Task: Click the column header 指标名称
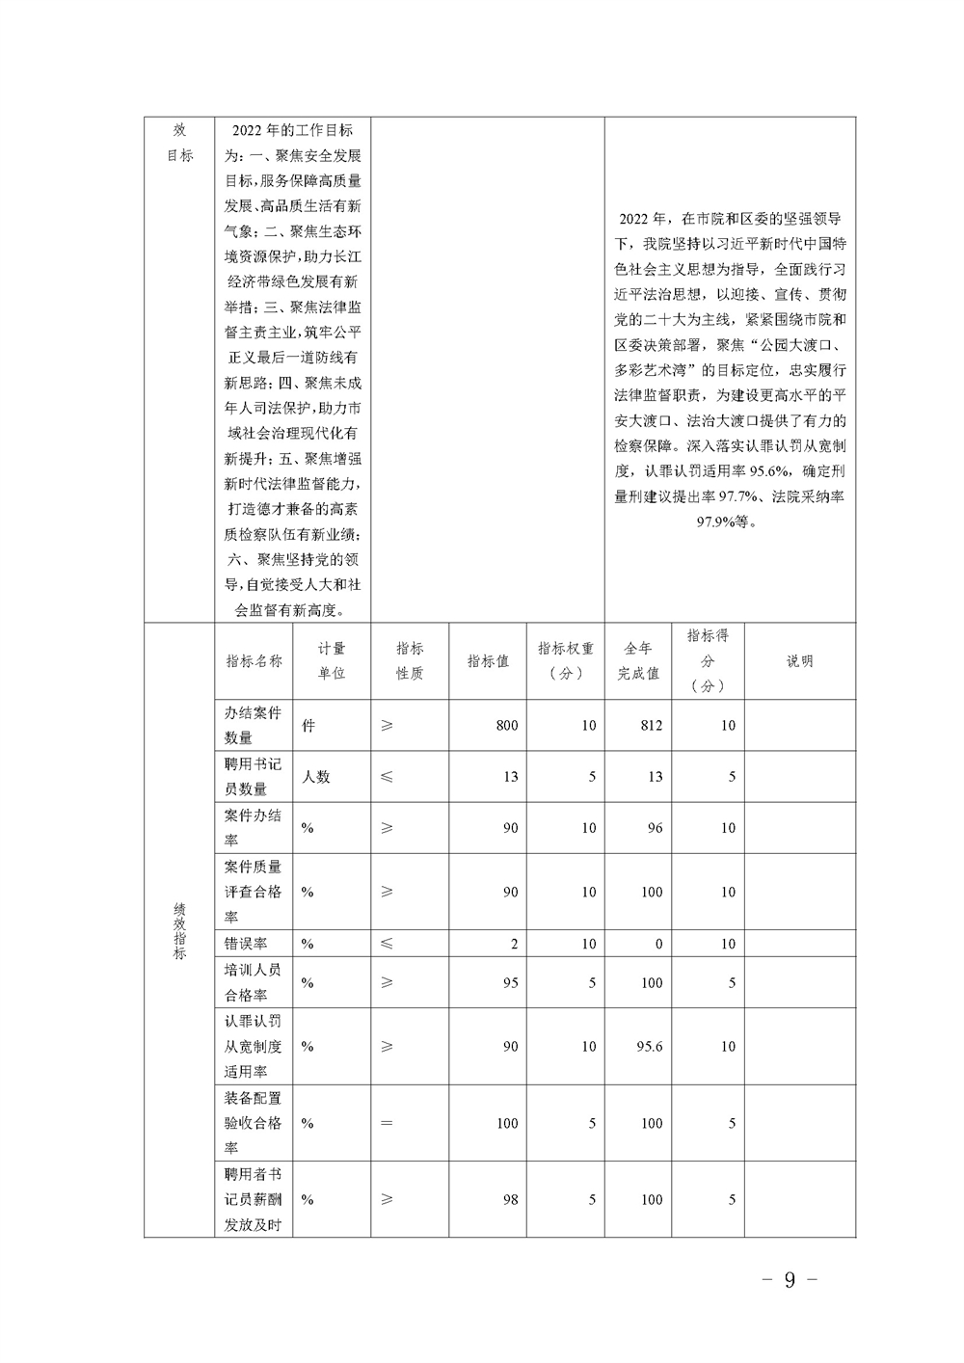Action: coord(254,661)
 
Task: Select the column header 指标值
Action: coord(488,661)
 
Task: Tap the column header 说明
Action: coord(799,661)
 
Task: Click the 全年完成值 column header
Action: coord(638,661)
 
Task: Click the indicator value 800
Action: coord(507,726)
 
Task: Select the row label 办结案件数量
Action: coord(253,725)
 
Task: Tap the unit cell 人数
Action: coord(315,777)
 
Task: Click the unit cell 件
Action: coord(308,726)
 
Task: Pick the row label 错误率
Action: coord(246,944)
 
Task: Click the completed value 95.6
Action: coord(650,1047)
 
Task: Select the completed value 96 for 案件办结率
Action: coord(655,828)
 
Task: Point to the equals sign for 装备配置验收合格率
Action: coord(387,1123)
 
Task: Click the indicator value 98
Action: coord(510,1200)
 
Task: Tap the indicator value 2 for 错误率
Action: coord(514,945)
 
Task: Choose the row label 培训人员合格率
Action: coord(253,982)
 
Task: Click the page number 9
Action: coord(790,1280)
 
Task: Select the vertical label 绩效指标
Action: coord(179,930)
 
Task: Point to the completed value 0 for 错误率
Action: coord(658,945)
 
